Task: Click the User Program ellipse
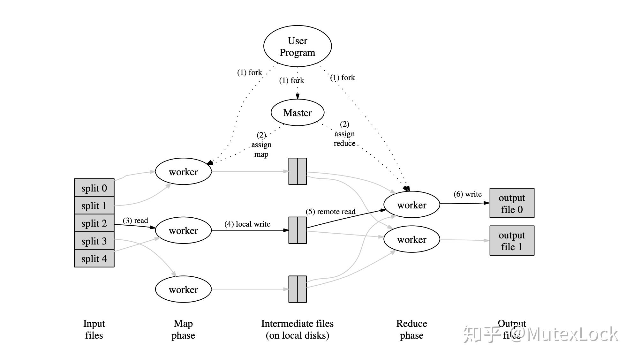(x=297, y=46)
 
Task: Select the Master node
(x=297, y=113)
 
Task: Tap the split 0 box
(x=94, y=188)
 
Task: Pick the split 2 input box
(x=94, y=223)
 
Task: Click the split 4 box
(x=94, y=259)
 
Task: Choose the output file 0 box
(x=512, y=203)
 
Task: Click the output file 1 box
(x=512, y=241)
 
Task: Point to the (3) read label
(x=135, y=221)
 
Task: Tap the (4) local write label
(x=247, y=224)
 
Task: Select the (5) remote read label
(x=330, y=212)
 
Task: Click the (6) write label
(x=467, y=194)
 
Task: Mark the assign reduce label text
(x=344, y=139)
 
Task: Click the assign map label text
(x=261, y=149)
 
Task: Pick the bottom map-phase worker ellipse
(x=183, y=289)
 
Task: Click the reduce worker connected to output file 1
(x=411, y=239)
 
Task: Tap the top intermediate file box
(x=298, y=171)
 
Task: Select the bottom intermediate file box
(x=298, y=289)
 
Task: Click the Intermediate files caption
(x=297, y=329)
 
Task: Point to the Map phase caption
(x=183, y=329)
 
